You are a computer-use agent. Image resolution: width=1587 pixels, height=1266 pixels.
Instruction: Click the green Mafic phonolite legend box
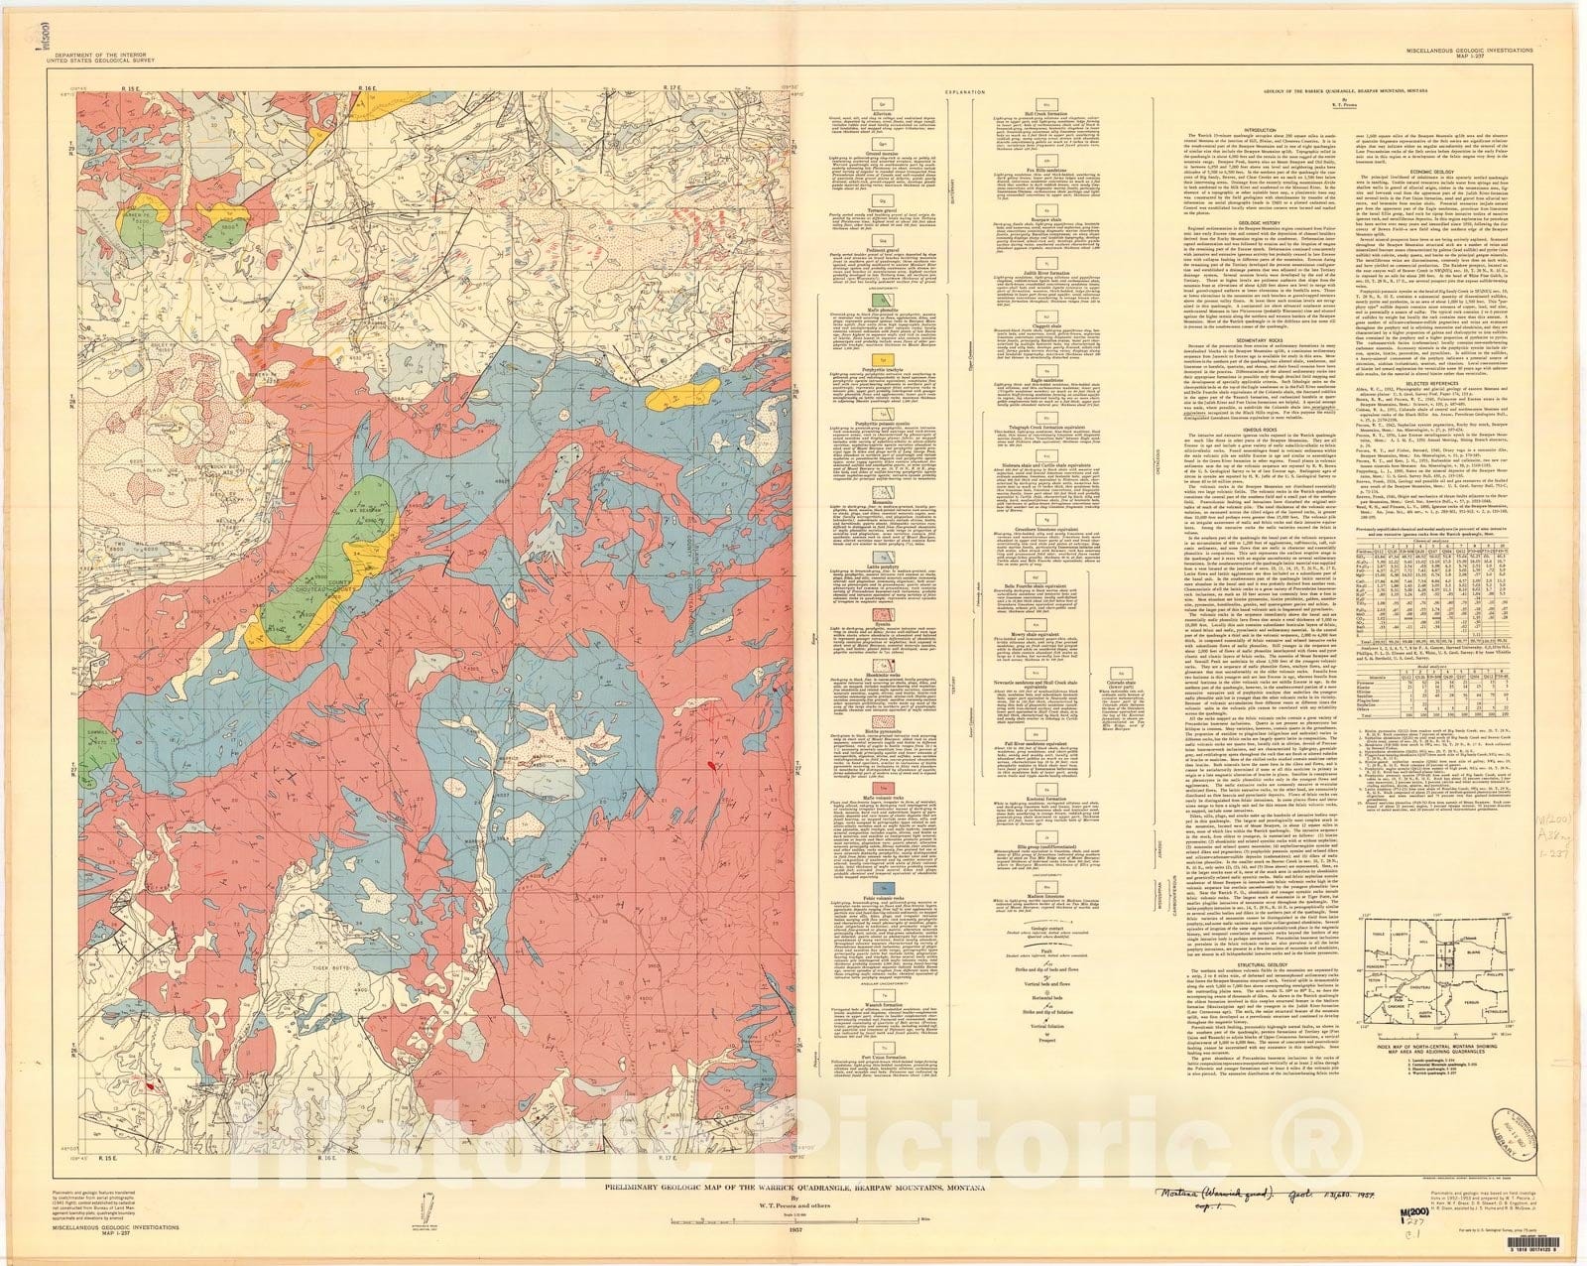pos(877,298)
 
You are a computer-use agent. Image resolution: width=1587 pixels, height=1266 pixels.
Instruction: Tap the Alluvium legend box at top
pos(877,102)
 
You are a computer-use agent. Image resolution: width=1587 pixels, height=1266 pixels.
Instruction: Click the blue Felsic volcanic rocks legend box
pos(877,883)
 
